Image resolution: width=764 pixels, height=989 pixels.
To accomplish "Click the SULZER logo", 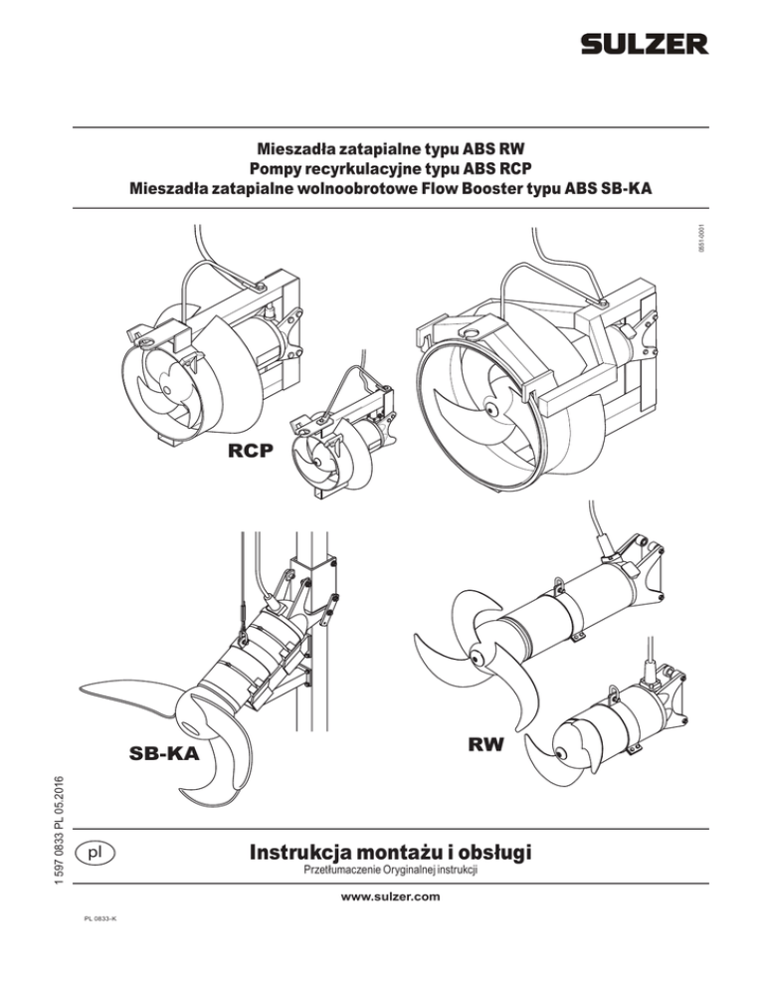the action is coord(645,44).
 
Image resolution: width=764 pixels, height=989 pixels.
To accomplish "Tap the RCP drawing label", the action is coord(251,451).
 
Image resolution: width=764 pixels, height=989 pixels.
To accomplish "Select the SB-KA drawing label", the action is coord(164,753).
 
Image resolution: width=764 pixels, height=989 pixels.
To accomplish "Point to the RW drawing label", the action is coord(485,745).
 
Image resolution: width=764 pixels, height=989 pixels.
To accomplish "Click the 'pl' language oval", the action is coord(95,853).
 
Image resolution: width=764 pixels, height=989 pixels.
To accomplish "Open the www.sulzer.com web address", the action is coord(391,896).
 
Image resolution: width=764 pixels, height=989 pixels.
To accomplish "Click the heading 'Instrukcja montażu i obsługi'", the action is coord(391,852).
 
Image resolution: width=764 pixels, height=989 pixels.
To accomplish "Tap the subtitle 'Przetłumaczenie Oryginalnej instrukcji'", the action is coord(391,870).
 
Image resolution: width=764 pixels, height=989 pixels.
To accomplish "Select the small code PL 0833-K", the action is coord(100,918).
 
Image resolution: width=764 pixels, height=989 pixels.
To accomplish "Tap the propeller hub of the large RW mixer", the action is coord(477,658).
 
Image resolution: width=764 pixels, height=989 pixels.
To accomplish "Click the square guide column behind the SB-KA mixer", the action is coord(313,631).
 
